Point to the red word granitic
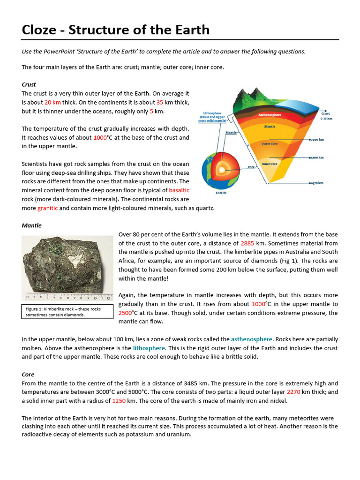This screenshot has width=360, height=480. tap(47, 208)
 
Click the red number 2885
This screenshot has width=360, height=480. tap(248, 243)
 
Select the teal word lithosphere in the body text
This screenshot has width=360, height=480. tap(149, 348)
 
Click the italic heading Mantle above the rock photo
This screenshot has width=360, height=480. tap(31, 225)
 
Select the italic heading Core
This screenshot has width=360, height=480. tap(28, 375)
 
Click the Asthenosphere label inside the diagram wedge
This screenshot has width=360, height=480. tap(270, 115)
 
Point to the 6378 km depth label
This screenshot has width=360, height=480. tap(318, 183)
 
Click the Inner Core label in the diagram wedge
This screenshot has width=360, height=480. tap(270, 164)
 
